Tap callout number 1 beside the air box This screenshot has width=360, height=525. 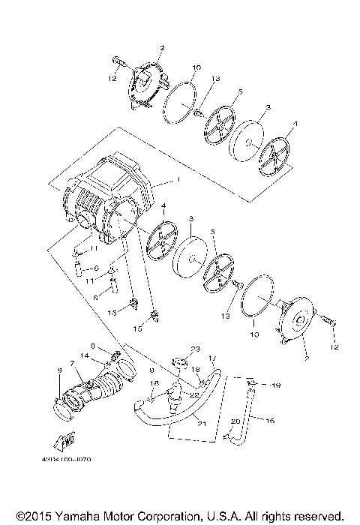click(x=178, y=180)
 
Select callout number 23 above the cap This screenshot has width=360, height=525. click(x=195, y=349)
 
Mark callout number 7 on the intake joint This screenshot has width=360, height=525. click(x=72, y=363)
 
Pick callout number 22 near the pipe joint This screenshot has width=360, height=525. click(x=193, y=394)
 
